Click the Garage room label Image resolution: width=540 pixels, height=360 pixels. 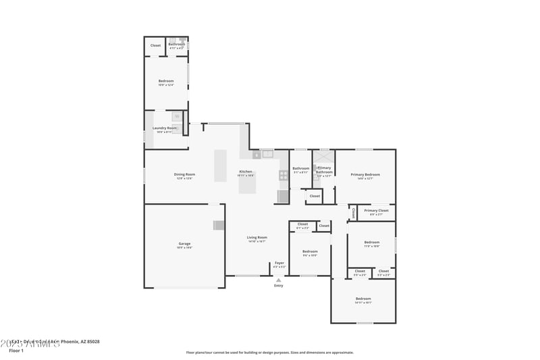(x=184, y=243)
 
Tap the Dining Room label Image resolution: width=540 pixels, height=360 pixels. (x=185, y=174)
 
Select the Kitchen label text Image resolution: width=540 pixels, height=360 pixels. (x=246, y=172)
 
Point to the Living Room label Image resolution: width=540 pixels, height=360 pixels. (x=256, y=237)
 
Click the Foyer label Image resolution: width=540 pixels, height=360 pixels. (x=279, y=263)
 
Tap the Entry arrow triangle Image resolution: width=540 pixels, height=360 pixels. (x=279, y=280)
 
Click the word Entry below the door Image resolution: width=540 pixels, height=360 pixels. (x=279, y=286)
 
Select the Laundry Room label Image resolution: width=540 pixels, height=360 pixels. (x=165, y=128)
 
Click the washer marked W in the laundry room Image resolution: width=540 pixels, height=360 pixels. (x=177, y=116)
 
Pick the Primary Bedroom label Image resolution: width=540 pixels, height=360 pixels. (x=365, y=174)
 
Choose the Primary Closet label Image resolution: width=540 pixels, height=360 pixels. (x=376, y=211)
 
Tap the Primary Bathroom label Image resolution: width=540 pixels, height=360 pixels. (x=324, y=170)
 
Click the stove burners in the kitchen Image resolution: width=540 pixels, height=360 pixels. (x=283, y=176)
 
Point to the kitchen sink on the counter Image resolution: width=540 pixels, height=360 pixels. (x=268, y=154)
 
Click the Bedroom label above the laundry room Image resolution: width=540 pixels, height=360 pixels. (x=166, y=81)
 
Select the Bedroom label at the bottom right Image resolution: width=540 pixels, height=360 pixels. (x=363, y=299)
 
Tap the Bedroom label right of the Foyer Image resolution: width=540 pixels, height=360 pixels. (x=310, y=251)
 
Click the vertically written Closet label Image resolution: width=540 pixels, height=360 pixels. (x=353, y=213)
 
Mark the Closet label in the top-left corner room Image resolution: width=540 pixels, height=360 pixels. (x=155, y=45)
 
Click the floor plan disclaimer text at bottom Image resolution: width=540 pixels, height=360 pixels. (x=270, y=352)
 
